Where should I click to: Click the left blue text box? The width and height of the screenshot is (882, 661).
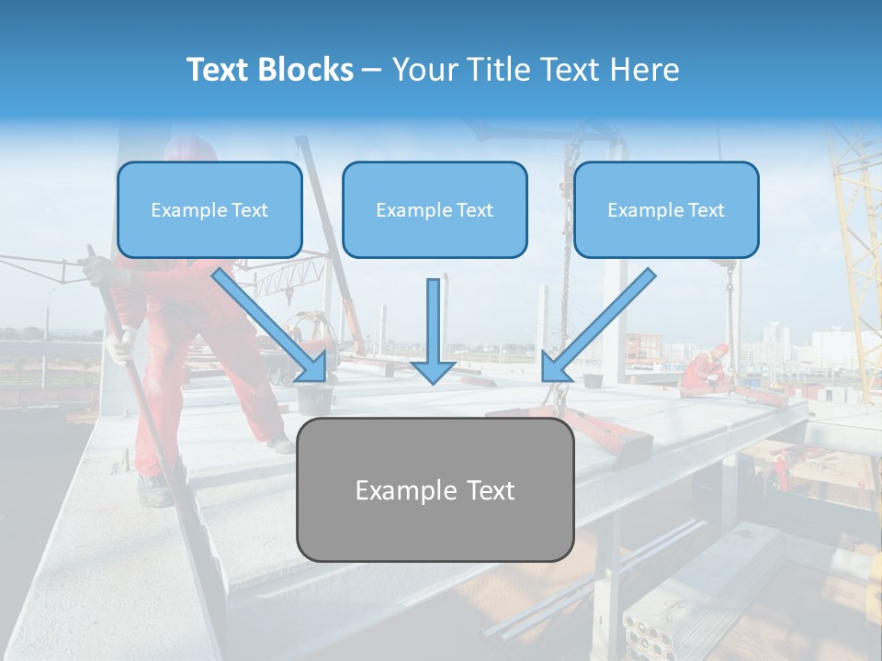[x=209, y=209]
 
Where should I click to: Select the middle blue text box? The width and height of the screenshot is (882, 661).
[x=435, y=209]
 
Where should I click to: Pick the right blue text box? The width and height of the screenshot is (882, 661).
[x=666, y=209]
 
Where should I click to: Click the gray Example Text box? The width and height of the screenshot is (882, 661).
[x=435, y=489]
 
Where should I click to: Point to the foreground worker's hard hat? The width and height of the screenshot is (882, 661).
[x=190, y=148]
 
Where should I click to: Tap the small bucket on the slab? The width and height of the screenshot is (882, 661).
[x=315, y=398]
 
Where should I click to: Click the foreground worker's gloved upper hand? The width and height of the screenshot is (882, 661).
[x=96, y=269]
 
